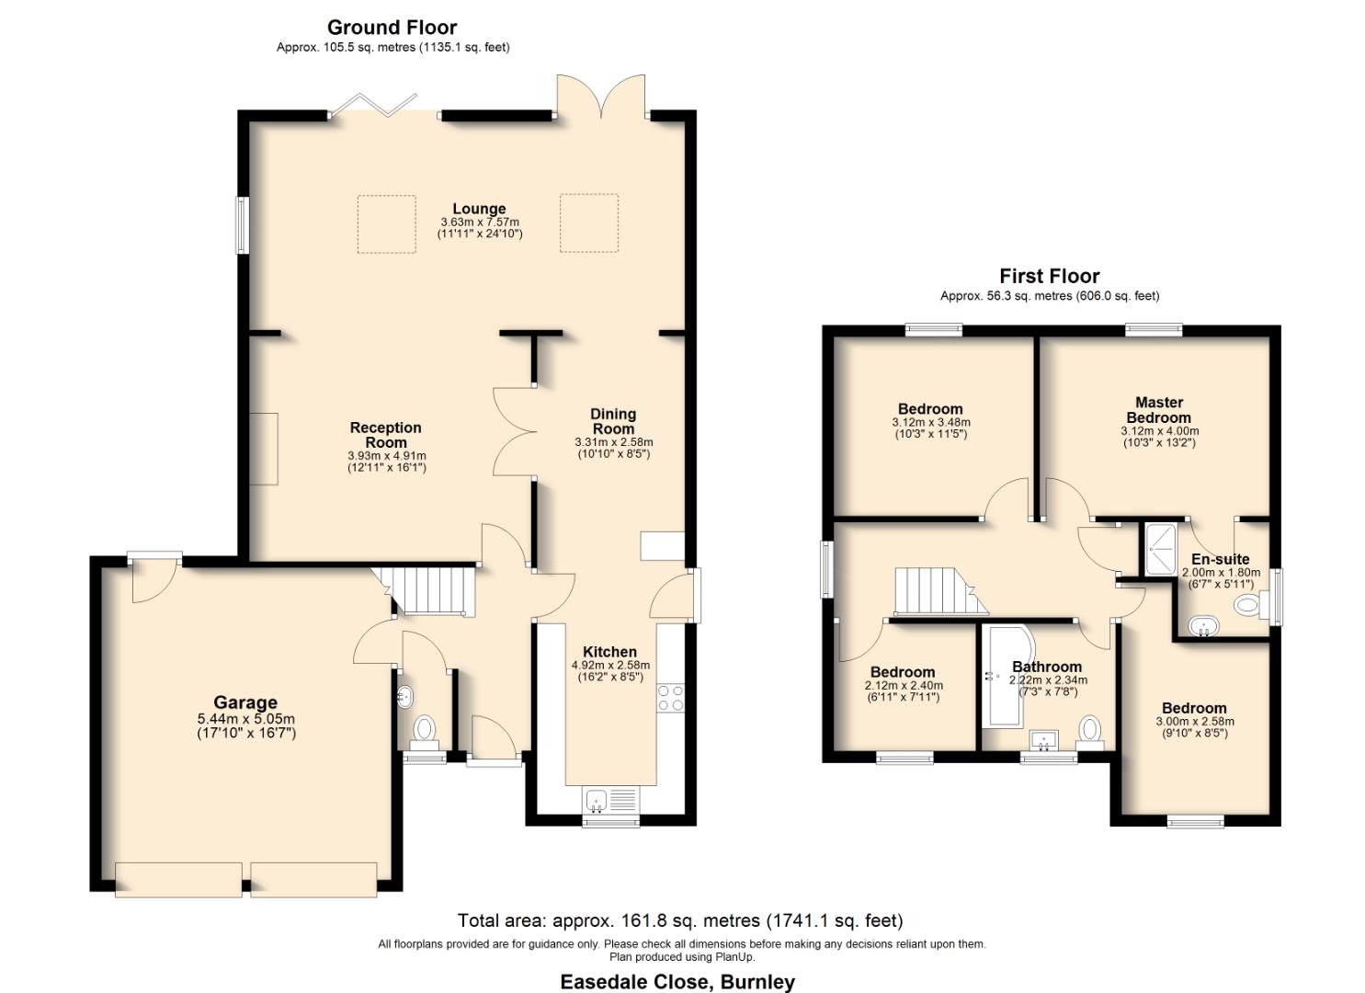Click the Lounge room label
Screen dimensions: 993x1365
478,209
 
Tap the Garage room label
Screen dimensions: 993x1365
245,703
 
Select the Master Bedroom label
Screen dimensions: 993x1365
1158,410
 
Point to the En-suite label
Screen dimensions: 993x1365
1220,559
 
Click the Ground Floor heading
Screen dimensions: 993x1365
392,28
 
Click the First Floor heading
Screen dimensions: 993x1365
1049,276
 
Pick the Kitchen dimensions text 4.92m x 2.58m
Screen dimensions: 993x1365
610,665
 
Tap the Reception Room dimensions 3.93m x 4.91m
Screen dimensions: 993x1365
386,455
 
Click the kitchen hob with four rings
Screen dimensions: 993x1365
670,698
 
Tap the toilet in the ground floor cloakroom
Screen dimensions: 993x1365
424,730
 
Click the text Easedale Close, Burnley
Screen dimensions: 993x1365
677,981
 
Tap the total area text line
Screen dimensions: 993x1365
680,920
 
